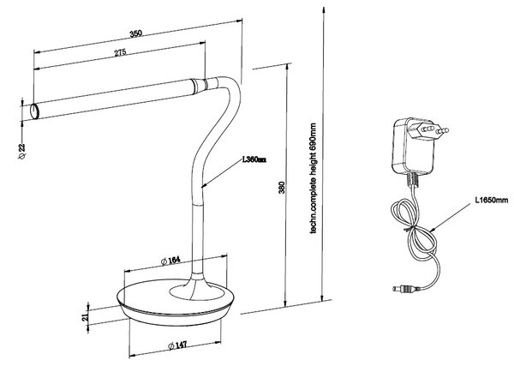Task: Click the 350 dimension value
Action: pos(135,33)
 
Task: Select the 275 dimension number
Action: pos(120,52)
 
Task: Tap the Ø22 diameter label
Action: pos(22,151)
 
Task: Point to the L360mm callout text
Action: pos(254,159)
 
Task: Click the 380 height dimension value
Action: pos(282,187)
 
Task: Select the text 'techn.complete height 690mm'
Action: pos(313,178)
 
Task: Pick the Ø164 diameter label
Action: pos(170,261)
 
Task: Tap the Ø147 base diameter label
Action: pos(177,345)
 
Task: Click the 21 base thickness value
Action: pos(85,317)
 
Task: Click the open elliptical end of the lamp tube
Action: pos(34,111)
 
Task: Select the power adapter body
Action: pos(413,146)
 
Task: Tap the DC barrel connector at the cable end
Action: pos(406,289)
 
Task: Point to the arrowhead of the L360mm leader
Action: pos(204,186)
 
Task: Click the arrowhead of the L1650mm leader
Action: pos(432,230)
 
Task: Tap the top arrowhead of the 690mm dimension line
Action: pos(324,10)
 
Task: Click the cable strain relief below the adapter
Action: pos(413,179)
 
